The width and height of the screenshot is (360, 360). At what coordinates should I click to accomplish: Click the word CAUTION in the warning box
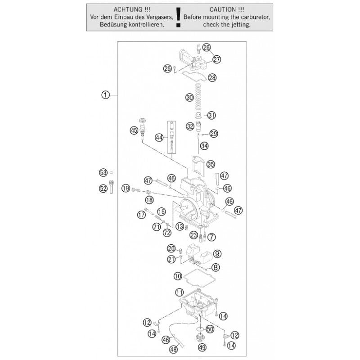tap(223, 9)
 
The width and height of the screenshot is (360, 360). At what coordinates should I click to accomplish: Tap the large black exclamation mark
tap(178, 18)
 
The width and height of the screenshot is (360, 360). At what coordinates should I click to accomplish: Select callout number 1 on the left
tap(105, 95)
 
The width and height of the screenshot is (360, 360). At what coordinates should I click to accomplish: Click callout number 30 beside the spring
tap(189, 98)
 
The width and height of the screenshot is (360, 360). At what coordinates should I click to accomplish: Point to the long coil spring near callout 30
tap(198, 97)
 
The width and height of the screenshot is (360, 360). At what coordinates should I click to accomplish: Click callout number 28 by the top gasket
tap(212, 77)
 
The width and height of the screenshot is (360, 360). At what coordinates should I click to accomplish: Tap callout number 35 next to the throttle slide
tap(210, 164)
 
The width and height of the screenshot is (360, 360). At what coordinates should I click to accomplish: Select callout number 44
tap(159, 138)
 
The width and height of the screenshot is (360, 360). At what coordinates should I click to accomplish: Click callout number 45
tap(134, 130)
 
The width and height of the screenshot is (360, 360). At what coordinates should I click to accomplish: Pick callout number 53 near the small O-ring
tap(103, 173)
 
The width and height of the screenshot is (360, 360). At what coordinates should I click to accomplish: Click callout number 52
tap(103, 189)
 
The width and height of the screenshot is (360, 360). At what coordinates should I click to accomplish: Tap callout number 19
tap(126, 189)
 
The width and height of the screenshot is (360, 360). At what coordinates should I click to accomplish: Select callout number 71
tap(157, 227)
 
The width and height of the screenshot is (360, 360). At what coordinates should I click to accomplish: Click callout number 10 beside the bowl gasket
tap(178, 276)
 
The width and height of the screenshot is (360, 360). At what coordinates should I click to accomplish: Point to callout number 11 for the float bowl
tap(179, 292)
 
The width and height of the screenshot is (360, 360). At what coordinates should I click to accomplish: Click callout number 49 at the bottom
tap(202, 347)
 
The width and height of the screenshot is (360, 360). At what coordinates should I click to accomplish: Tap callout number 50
tap(210, 329)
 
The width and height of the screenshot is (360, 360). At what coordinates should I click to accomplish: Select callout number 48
tap(174, 350)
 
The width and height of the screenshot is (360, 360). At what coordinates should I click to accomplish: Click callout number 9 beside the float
tap(217, 254)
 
